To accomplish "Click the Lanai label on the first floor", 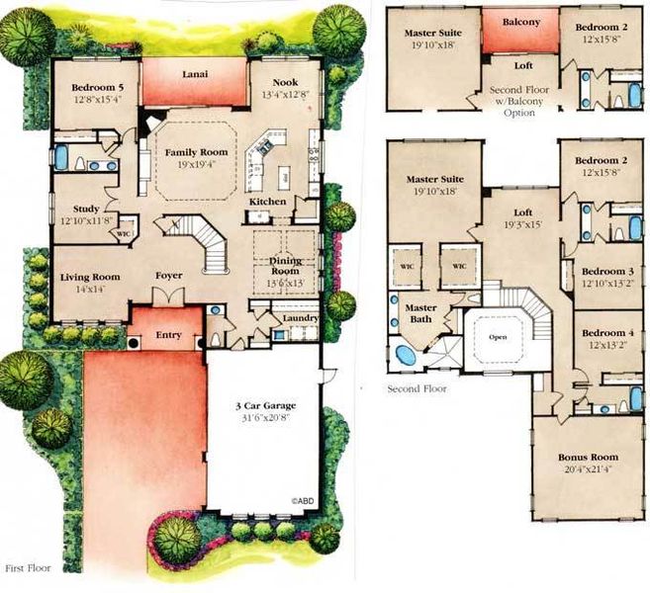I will click(x=194, y=73).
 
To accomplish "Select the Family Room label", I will click(x=196, y=152).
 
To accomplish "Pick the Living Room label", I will click(x=89, y=278).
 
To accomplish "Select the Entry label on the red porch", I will click(x=169, y=336).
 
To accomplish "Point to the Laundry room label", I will click(x=300, y=318).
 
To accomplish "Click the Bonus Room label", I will click(x=588, y=457).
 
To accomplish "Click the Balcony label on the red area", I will click(x=520, y=22).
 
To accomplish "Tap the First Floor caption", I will click(x=27, y=568).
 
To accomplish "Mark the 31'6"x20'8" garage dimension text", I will click(x=263, y=419).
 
